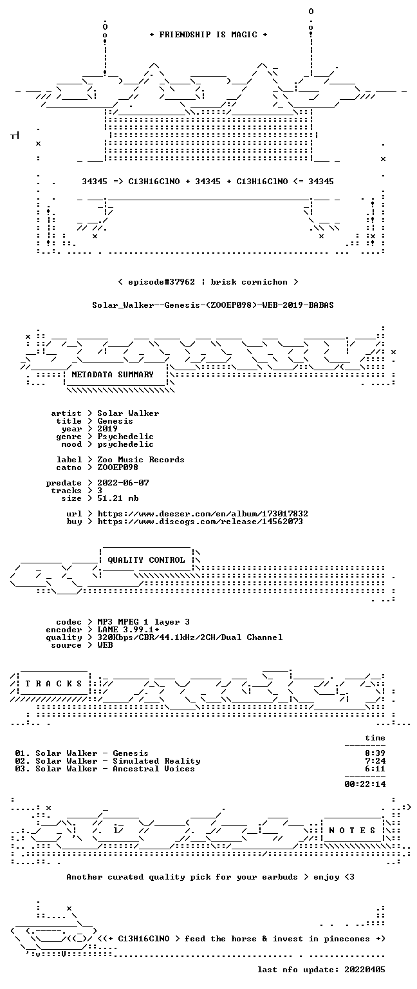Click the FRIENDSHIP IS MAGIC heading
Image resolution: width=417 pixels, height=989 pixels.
(208, 34)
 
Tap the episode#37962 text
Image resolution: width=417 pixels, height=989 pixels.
(162, 281)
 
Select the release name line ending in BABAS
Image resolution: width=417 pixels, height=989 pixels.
(213, 305)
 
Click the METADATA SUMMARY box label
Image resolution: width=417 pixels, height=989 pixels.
(113, 374)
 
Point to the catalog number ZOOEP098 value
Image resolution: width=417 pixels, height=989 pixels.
(118, 467)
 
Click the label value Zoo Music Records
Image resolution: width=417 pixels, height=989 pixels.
(141, 460)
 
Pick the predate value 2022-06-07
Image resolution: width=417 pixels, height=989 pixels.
(123, 482)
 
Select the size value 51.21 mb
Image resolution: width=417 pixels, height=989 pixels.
(118, 498)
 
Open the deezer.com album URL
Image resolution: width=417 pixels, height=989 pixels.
(203, 513)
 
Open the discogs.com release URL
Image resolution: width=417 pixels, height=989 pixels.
(200, 522)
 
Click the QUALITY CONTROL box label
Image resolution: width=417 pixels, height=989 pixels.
(146, 560)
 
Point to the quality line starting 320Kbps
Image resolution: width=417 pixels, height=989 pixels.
(190, 637)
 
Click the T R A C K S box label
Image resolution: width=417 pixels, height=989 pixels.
(54, 683)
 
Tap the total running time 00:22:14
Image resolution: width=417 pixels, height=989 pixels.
(365, 784)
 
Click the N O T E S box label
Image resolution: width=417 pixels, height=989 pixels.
(352, 831)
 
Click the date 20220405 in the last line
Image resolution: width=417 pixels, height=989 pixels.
(364, 969)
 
